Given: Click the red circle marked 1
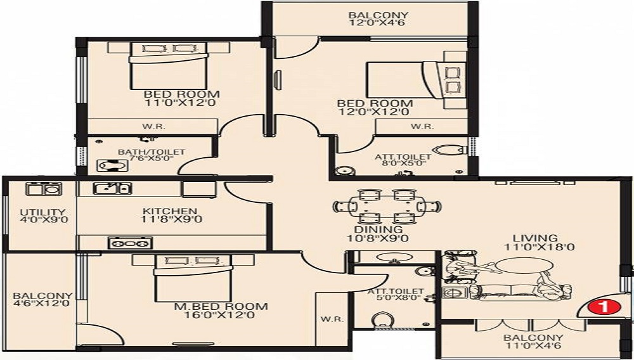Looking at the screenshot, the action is [604, 307].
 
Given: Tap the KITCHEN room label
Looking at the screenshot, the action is [170, 211].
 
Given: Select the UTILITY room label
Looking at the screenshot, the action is [42, 212].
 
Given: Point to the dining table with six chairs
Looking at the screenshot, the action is [387, 207].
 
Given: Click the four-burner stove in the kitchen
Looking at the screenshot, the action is [130, 243].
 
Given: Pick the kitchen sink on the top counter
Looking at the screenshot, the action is [112, 188].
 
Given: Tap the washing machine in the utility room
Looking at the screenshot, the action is [44, 189].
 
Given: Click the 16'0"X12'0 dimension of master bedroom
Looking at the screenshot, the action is [221, 315].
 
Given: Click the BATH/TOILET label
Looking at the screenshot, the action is [152, 152].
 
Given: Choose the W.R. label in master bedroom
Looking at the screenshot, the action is [332, 319].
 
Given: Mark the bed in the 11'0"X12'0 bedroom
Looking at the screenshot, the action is [168, 65].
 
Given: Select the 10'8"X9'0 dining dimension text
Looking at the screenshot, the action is [378, 238].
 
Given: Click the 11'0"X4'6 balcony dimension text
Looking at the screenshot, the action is [533, 346].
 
